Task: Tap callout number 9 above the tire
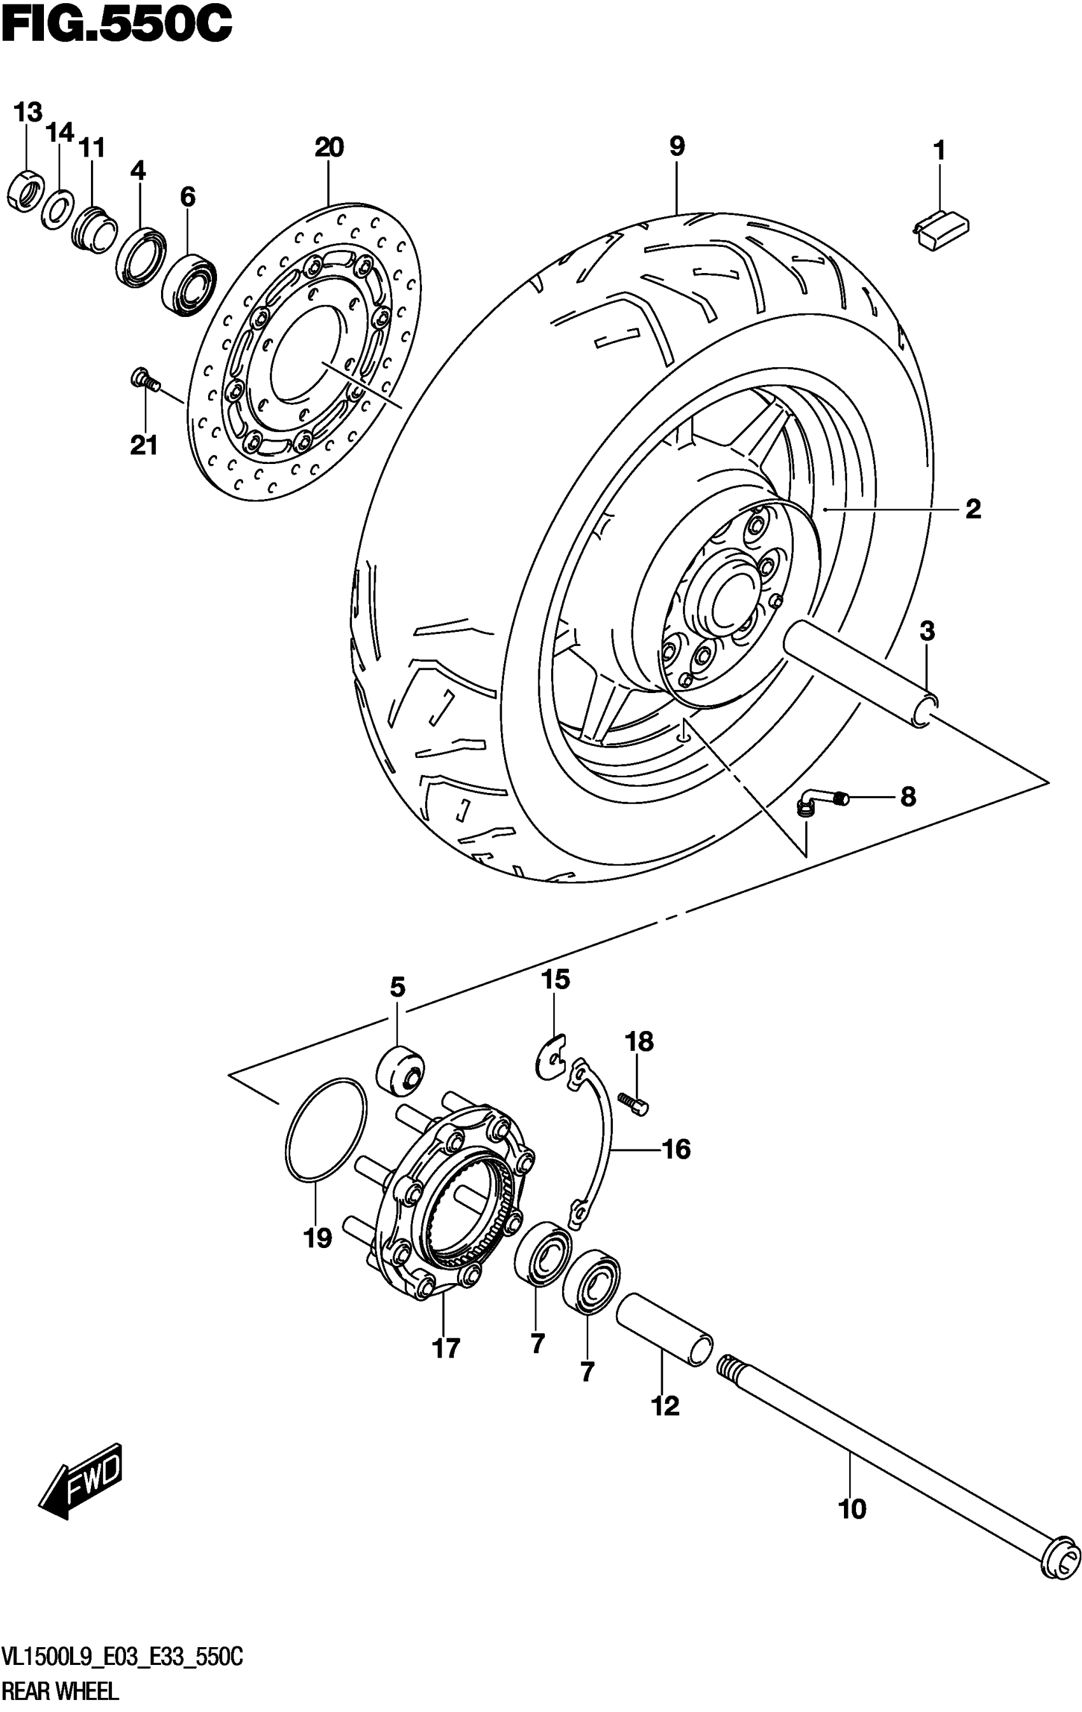677,146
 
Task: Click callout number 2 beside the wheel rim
973,509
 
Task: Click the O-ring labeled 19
327,1130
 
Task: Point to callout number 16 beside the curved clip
676,1148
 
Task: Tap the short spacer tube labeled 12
663,1327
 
